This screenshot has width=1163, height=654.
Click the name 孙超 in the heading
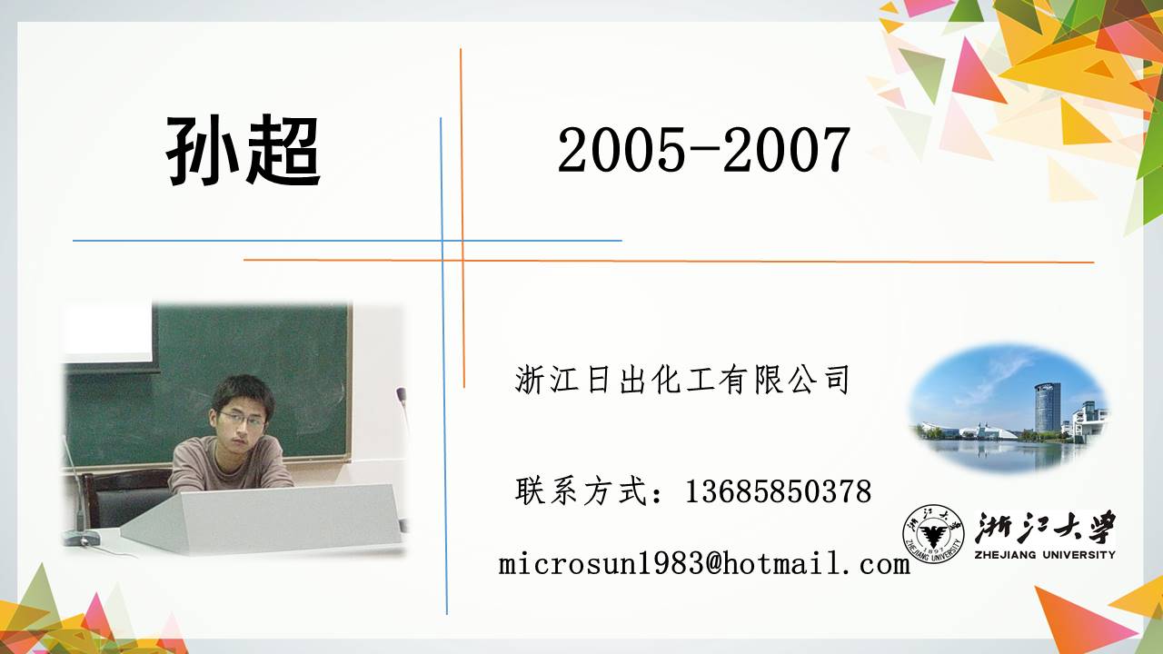[x=243, y=151]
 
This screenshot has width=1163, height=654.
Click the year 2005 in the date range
[x=621, y=151]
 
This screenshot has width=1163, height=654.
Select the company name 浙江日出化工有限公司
[x=681, y=380]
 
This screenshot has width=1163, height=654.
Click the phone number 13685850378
[x=779, y=491]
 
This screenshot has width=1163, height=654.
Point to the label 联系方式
[x=581, y=491]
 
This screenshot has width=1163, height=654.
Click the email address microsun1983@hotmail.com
[x=704, y=564]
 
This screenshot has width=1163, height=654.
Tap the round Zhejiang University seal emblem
[x=933, y=534]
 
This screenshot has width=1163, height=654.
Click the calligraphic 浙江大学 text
[x=1045, y=528]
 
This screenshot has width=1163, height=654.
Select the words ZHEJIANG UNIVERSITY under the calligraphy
[x=1045, y=555]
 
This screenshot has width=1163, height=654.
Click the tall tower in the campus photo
[x=1048, y=408]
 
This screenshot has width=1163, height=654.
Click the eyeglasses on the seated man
[x=242, y=420]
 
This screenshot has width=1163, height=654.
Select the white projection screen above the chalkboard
[x=108, y=332]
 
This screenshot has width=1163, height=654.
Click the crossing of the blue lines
[x=442, y=241]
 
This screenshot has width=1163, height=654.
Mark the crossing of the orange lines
[x=462, y=261]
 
